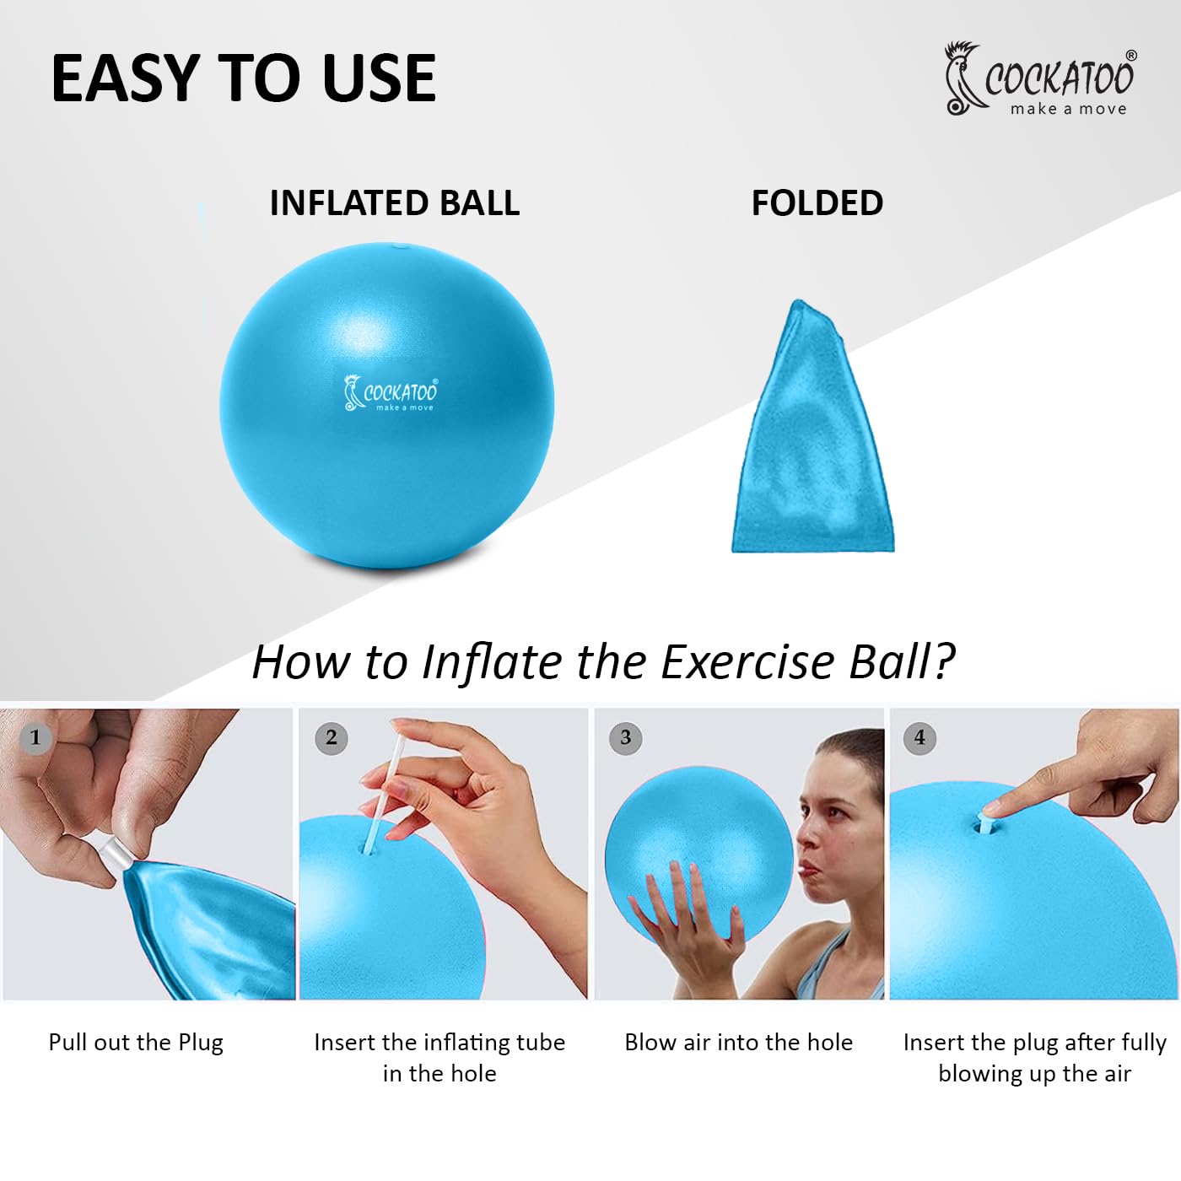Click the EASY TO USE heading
click(x=243, y=78)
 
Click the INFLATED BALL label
click(x=395, y=202)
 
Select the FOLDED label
click(x=817, y=202)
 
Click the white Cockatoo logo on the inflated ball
click(x=391, y=393)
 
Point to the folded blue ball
click(x=813, y=426)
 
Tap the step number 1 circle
click(x=35, y=738)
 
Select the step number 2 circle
click(x=331, y=738)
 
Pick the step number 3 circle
click(x=625, y=738)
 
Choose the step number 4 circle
click(x=919, y=738)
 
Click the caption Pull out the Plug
click(x=136, y=1043)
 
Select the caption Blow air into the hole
click(x=738, y=1043)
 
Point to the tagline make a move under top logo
click(x=1068, y=109)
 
